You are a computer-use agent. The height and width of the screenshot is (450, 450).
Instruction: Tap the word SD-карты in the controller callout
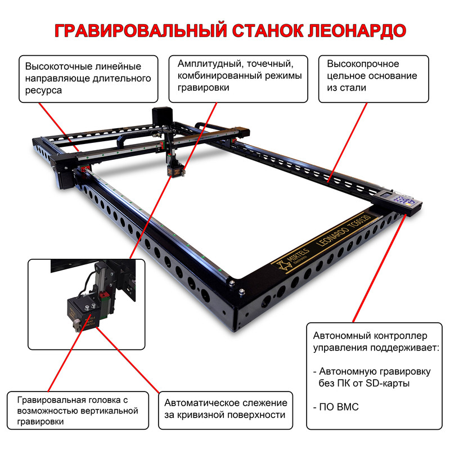click(388, 384)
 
